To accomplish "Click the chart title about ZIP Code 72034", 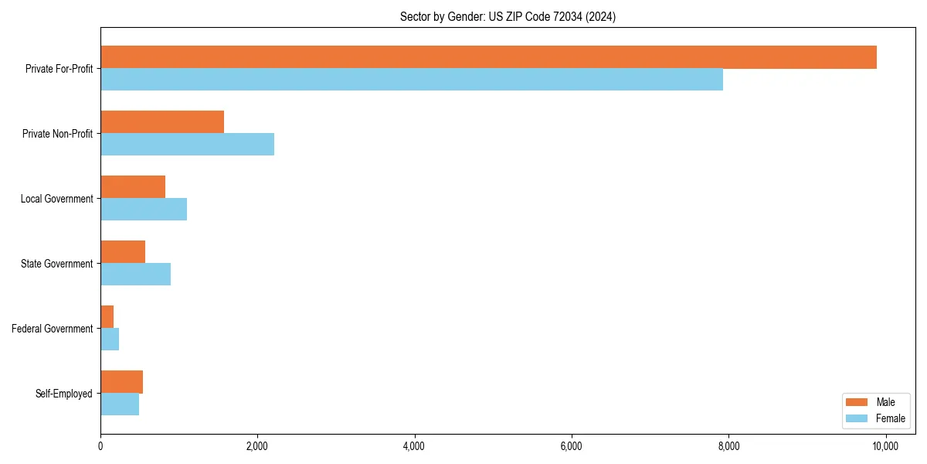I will (508, 16).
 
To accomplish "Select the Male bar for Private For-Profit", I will (488, 57).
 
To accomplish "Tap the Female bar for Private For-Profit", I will (412, 80).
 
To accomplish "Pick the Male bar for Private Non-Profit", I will (162, 122).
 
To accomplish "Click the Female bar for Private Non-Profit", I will (187, 145).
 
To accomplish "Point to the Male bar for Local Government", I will (133, 187).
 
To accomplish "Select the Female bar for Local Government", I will (144, 210).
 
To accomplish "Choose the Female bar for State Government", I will (135, 275).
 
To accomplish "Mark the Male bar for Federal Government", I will (107, 317).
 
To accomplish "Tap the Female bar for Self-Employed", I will (120, 404).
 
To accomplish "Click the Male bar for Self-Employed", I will (121, 382).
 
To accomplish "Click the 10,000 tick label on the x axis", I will (885, 446).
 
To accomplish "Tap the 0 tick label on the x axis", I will (100, 446).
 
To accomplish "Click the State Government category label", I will (56, 264).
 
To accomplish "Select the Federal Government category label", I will (53, 329).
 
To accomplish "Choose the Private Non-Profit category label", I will (57, 134).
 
